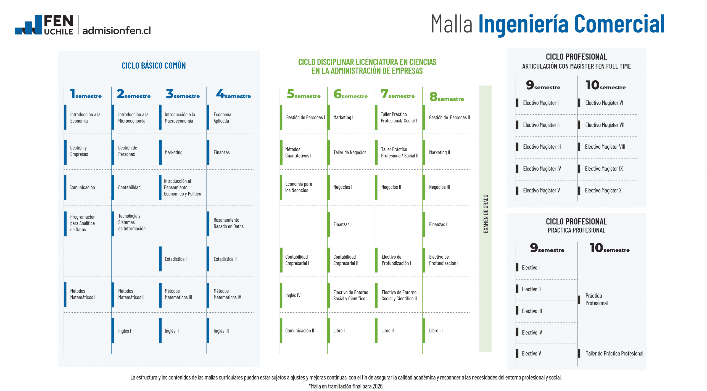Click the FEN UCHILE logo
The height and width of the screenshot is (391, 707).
point(44,25)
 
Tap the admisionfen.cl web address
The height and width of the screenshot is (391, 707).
point(117,30)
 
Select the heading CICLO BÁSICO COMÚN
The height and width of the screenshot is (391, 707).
point(154,66)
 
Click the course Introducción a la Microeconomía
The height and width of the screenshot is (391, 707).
point(133,118)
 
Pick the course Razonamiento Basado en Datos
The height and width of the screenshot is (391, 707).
point(228,223)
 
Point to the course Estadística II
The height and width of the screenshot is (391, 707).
point(225,259)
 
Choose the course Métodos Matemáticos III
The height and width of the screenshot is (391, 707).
point(178,294)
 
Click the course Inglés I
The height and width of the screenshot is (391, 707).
point(125,331)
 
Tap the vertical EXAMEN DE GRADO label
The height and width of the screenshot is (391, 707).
point(486,214)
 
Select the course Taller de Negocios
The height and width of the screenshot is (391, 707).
point(350,152)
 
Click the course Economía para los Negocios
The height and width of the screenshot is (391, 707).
point(298,187)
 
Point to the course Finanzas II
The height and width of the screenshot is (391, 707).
point(439,224)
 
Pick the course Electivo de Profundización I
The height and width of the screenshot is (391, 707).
point(396,260)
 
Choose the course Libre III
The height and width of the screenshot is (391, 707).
point(436,331)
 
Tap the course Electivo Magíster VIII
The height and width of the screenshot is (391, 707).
point(605,147)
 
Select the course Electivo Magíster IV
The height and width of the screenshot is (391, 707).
point(542,168)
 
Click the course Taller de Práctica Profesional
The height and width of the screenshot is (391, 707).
point(614,353)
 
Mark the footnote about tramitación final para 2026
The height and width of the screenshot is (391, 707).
point(346,386)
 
